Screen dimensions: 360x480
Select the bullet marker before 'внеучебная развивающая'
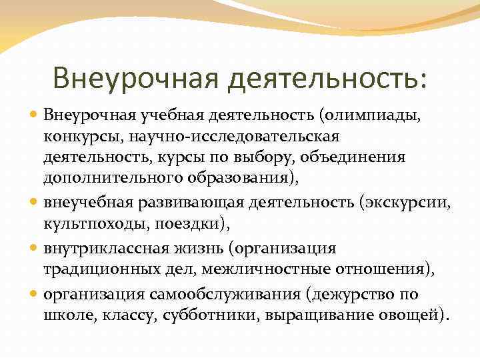coord(34,203)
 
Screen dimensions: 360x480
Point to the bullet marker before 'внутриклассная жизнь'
coord(34,249)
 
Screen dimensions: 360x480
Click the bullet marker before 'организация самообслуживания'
coord(34,294)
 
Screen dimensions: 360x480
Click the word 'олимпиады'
coord(393,117)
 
